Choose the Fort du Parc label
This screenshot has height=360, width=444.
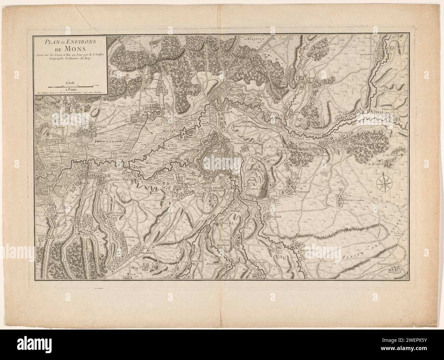pos(171,130)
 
